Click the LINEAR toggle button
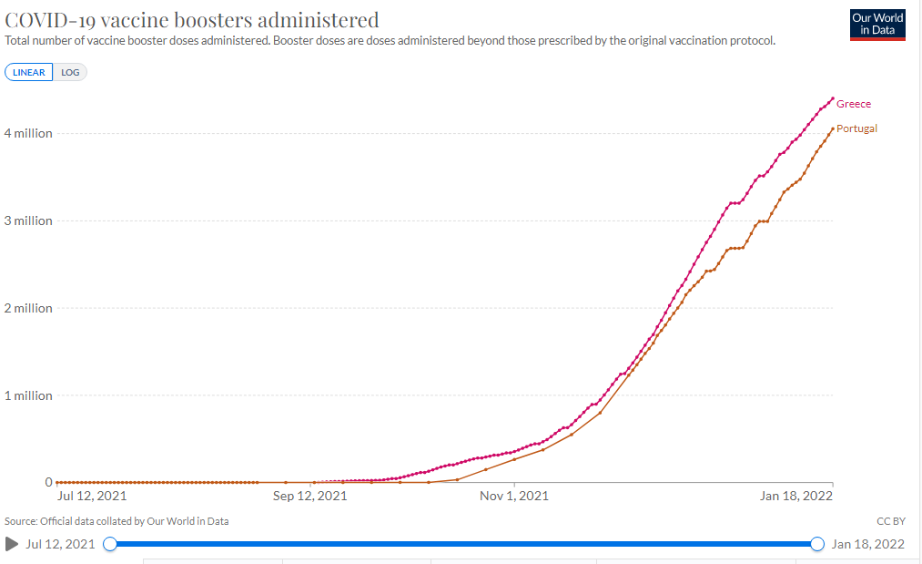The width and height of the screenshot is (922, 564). point(29,72)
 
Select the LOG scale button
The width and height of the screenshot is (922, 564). point(70,72)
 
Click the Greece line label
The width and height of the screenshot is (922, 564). point(853,104)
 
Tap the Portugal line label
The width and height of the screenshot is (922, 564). point(856,128)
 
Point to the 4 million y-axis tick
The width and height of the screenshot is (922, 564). point(28,133)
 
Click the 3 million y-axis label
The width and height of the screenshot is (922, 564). point(28,220)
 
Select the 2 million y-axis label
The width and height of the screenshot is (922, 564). point(28,308)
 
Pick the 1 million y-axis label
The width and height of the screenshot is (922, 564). point(28,395)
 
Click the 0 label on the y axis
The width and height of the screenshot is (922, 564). point(48,482)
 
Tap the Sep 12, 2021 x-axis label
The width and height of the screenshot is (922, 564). point(309,497)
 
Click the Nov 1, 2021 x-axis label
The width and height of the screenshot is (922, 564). point(514,497)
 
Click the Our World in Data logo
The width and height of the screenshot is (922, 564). point(876,24)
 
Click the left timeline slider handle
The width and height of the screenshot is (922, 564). point(110,544)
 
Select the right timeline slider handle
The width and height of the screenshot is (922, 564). point(816,544)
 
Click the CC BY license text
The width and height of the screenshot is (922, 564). point(890,521)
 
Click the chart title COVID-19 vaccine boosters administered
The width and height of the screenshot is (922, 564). point(192,20)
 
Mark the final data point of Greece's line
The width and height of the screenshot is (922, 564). point(832,98)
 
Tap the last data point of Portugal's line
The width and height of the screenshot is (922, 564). point(832,128)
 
